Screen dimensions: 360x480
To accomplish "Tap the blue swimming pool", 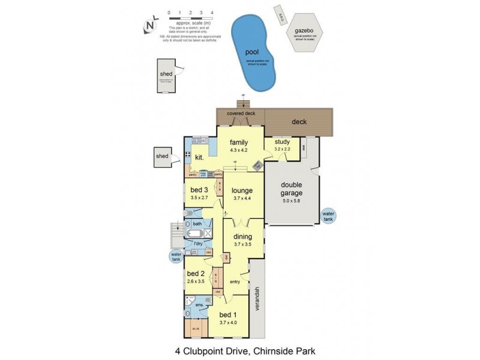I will [x=256, y=53].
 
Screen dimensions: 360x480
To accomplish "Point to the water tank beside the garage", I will [x=328, y=215].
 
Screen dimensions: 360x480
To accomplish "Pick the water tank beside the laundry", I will [x=175, y=256].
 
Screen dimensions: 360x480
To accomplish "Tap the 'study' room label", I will [x=281, y=142].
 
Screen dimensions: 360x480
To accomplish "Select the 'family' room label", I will [x=239, y=142].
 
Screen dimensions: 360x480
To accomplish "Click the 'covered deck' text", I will [x=241, y=113].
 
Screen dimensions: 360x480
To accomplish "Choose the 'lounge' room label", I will [x=242, y=191].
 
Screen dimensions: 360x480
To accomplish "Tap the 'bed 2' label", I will [x=196, y=274].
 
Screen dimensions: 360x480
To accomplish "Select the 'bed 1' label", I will [x=229, y=315].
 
